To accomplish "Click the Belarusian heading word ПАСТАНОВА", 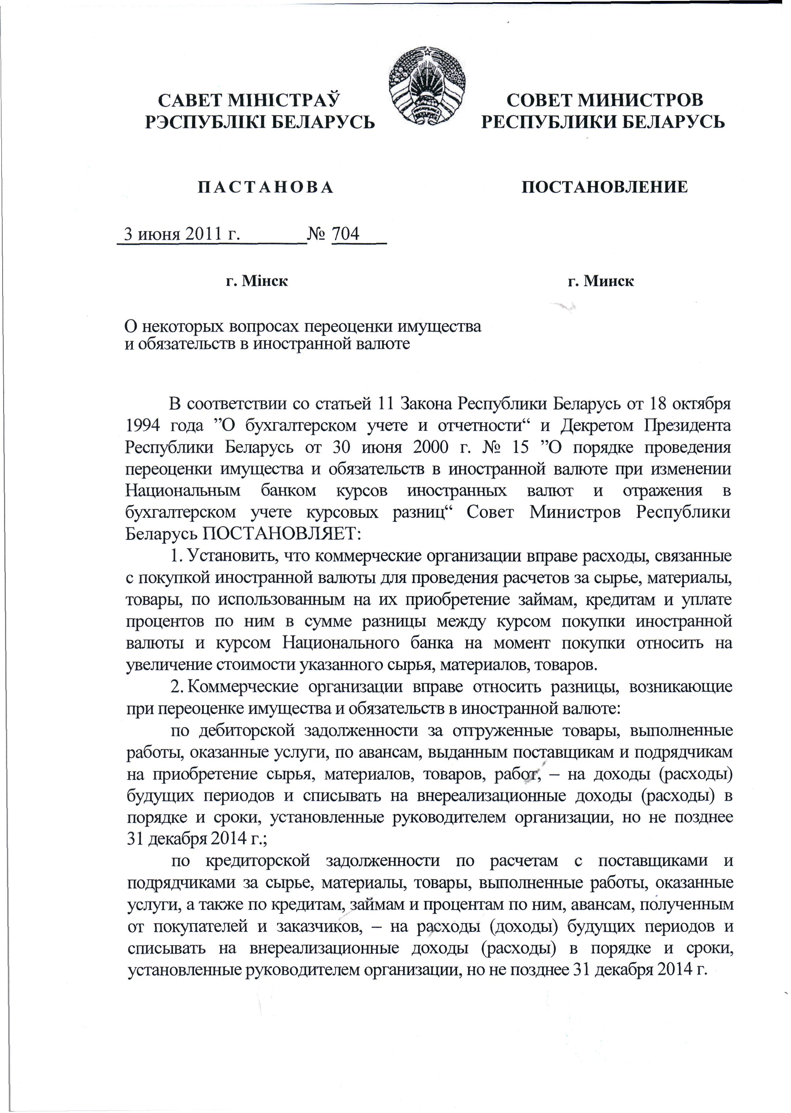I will click(x=266, y=187).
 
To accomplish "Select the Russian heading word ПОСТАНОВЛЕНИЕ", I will click(x=605, y=187).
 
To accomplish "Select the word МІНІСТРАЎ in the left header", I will click(x=289, y=100).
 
